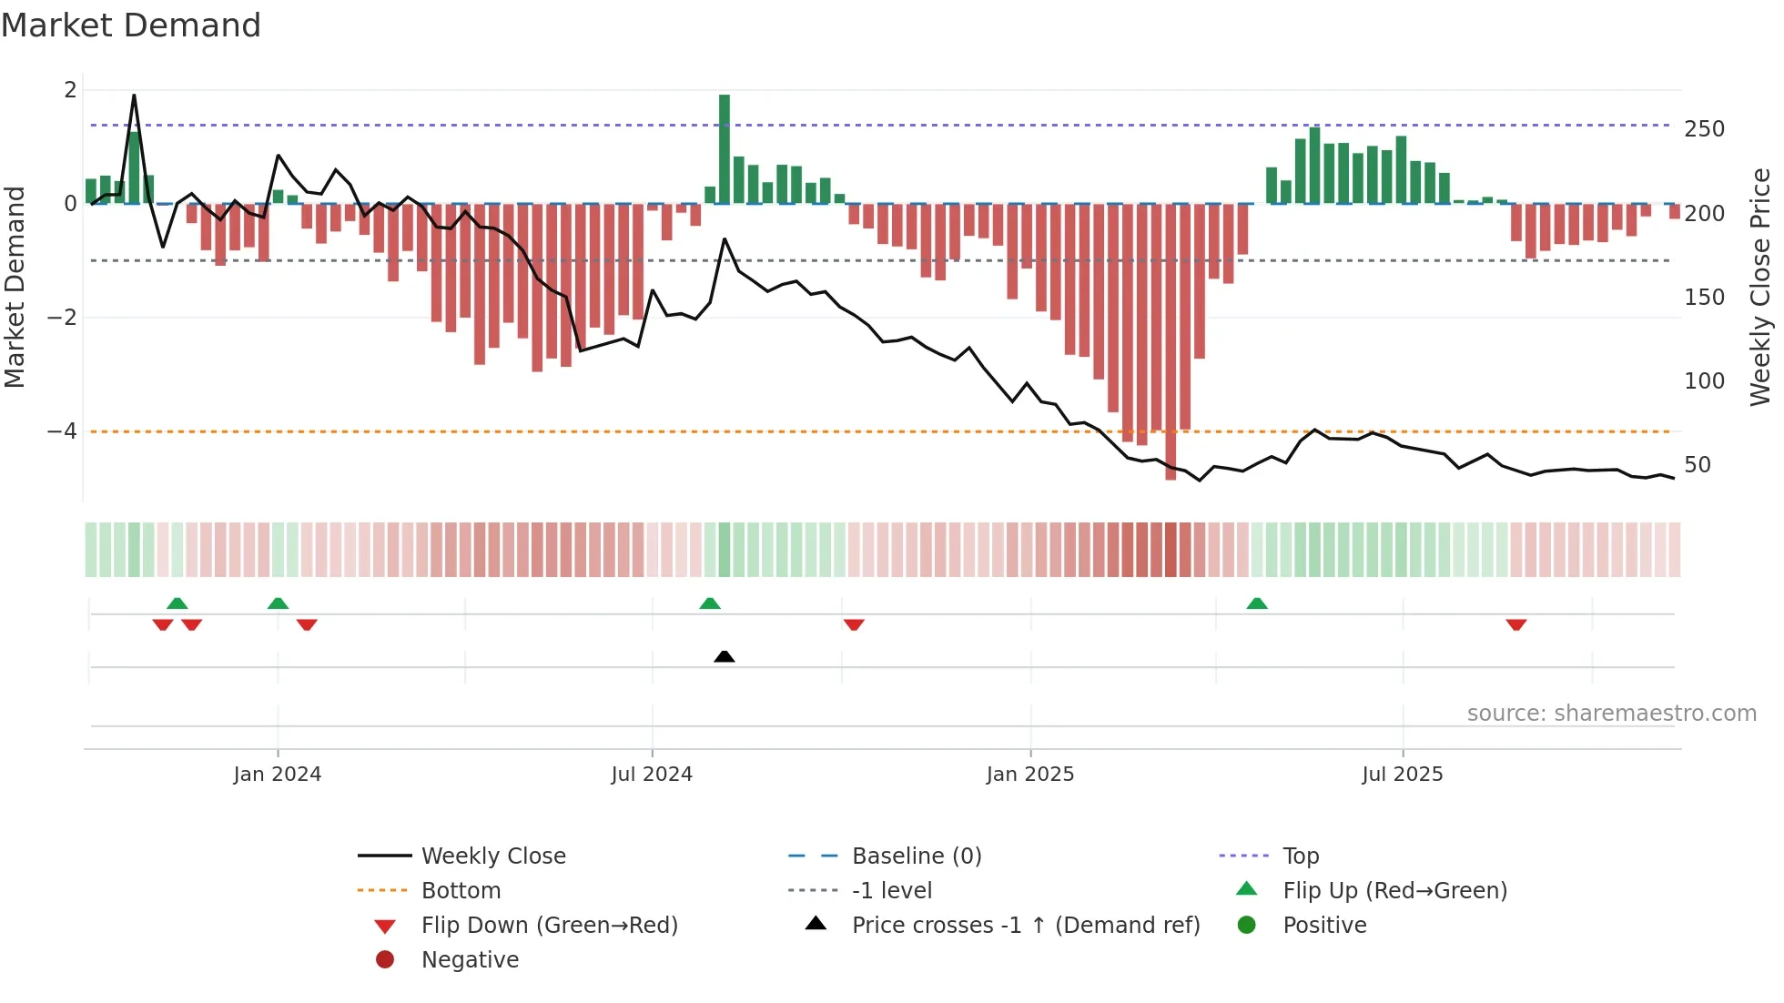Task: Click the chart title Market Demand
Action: click(131, 25)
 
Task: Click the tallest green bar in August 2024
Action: click(725, 149)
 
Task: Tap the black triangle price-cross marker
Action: click(725, 656)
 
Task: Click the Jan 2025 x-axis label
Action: click(1030, 774)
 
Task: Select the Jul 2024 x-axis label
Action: click(652, 774)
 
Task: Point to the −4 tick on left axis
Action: click(62, 431)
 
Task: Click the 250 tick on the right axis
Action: click(1704, 129)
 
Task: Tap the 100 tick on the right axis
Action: click(1704, 380)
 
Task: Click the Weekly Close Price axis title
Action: click(1760, 287)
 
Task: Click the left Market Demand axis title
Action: click(15, 287)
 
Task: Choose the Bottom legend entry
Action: click(461, 890)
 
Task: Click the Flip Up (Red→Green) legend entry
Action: click(1394, 890)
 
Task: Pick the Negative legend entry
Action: click(470, 959)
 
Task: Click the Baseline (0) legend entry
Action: click(917, 856)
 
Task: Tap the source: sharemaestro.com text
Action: click(1611, 713)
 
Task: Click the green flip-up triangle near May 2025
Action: click(1257, 603)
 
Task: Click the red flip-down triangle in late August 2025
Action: click(1516, 624)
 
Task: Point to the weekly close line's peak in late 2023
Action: click(134, 96)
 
